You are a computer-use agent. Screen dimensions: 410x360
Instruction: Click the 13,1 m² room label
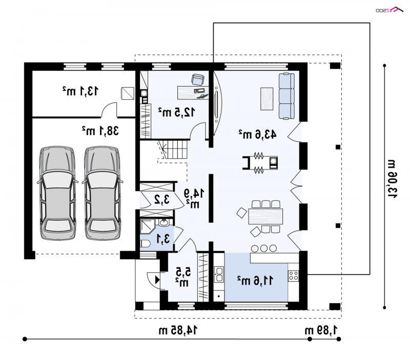coord(80,91)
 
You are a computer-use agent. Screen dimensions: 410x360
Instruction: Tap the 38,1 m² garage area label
coord(100,131)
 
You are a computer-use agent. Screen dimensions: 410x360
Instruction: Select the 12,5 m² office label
coord(176,112)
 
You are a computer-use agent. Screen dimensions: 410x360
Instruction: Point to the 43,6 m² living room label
coord(257,134)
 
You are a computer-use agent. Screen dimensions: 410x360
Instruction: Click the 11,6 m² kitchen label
coord(255,280)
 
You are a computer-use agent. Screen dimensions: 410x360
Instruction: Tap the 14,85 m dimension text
coord(178,330)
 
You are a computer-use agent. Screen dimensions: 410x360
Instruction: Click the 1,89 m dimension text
coord(321,330)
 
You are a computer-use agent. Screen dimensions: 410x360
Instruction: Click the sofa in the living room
coord(286,96)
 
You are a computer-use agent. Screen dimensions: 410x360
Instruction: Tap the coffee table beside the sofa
coord(266,99)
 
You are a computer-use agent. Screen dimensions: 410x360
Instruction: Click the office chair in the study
coord(198,79)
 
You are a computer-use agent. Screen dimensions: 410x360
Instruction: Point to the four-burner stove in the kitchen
coord(293,276)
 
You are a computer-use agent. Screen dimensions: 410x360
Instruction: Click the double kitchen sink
coord(219,274)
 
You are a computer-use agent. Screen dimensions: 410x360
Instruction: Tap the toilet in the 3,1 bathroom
coord(145,244)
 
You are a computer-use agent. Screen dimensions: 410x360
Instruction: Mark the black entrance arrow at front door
coord(157,280)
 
